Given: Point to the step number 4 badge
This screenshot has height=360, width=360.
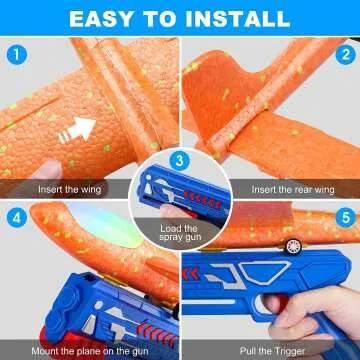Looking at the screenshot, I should coord(14,216).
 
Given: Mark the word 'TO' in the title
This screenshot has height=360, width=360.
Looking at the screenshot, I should coord(164,17).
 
